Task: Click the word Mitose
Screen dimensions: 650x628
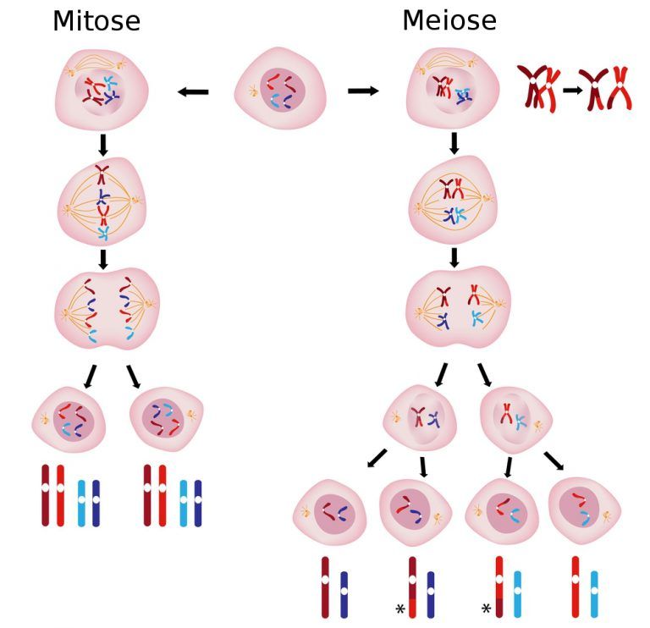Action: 96,21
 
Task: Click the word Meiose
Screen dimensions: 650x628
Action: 449,20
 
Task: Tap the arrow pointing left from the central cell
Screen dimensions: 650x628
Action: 193,91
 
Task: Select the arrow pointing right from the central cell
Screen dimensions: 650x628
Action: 364,91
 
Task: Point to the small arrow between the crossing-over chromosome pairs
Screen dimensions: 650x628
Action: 572,90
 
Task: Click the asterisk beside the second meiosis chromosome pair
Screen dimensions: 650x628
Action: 400,609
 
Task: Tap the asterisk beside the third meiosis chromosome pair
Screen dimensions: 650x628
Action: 487,609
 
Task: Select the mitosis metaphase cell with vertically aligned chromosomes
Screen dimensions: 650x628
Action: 102,202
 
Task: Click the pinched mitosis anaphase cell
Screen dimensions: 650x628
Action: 107,309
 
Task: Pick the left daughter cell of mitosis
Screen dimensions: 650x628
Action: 69,420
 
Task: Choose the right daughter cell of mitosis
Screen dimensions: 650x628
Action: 167,419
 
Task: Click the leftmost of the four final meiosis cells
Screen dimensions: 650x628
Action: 330,512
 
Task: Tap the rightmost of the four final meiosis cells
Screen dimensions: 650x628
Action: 585,510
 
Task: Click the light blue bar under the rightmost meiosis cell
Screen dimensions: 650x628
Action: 594,594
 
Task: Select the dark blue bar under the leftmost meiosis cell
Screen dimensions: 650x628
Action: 344,595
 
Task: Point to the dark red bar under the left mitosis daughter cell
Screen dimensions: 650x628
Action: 46,495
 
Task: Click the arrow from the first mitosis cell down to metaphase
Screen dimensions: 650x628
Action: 103,145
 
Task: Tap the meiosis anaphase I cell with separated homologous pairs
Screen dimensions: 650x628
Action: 458,306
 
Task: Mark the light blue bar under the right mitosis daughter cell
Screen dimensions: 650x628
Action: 183,504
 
